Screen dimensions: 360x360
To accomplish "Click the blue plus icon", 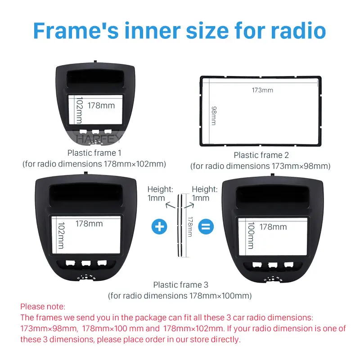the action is click(x=159, y=227).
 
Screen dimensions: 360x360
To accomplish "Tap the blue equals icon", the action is click(x=206, y=227).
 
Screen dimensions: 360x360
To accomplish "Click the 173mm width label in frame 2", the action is click(x=262, y=90).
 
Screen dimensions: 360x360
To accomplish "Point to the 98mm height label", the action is click(x=214, y=116).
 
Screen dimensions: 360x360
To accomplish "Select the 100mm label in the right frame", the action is click(x=251, y=235).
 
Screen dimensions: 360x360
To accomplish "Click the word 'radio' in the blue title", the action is click(x=298, y=31).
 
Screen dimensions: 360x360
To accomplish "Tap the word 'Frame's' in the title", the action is click(x=76, y=31).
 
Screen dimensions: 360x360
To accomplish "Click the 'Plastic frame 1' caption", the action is click(x=94, y=153).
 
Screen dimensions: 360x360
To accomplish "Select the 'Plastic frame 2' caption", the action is click(x=261, y=155).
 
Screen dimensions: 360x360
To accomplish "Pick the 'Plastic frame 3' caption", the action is click(x=181, y=285).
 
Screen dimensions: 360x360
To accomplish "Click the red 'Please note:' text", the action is click(x=43, y=307).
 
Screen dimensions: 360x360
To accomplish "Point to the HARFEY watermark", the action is click(x=98, y=139).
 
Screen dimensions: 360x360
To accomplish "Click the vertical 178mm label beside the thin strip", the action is click(x=190, y=227).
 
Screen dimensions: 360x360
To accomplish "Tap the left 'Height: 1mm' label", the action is click(x=160, y=193).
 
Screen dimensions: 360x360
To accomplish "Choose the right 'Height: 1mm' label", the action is click(x=205, y=193).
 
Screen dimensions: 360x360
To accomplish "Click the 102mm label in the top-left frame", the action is click(x=80, y=110).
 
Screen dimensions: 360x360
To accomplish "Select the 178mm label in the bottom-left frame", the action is click(x=89, y=224).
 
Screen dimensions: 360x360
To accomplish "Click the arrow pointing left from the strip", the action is click(x=170, y=205).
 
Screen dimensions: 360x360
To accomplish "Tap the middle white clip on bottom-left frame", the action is click(x=86, y=263).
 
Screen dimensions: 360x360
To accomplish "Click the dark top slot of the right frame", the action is click(x=273, y=194).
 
